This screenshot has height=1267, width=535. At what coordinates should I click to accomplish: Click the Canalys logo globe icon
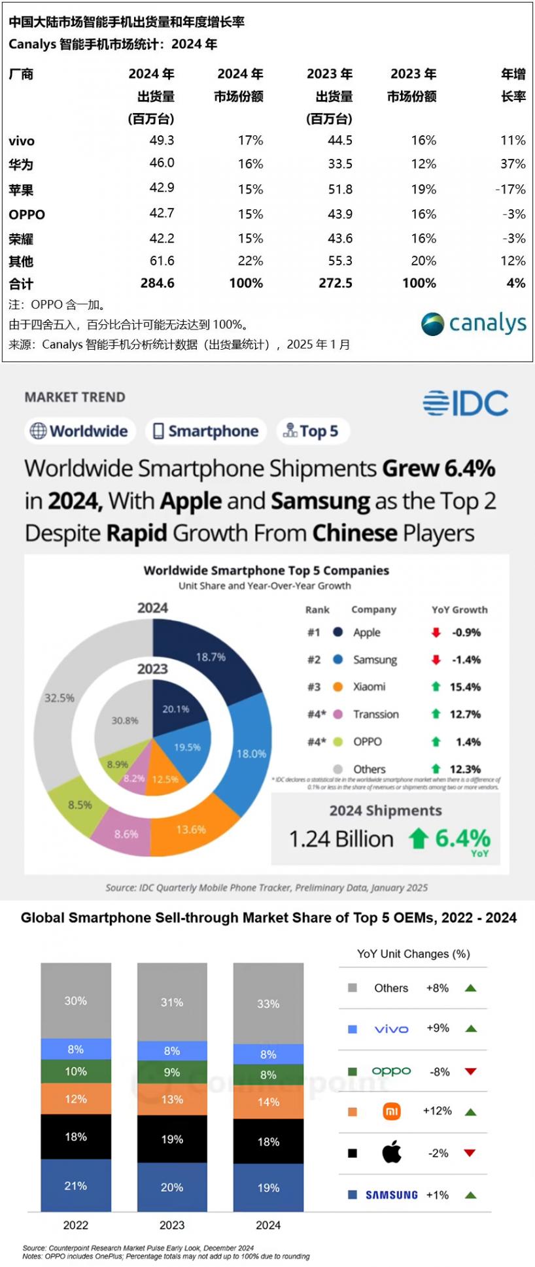click(432, 324)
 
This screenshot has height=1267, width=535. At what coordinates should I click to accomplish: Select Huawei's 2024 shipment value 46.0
click(162, 163)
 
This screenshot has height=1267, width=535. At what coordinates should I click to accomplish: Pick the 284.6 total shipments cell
click(157, 283)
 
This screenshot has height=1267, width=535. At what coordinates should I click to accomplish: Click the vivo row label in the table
click(22, 141)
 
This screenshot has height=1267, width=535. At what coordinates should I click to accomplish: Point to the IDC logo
click(465, 403)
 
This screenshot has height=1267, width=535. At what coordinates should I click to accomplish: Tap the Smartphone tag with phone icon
click(206, 431)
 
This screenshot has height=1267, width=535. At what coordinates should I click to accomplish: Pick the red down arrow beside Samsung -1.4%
click(436, 660)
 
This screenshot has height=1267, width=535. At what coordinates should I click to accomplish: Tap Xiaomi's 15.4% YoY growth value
click(465, 686)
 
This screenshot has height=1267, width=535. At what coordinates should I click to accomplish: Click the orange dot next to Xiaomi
click(337, 686)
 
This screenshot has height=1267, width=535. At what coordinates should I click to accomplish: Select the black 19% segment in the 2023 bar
click(172, 1139)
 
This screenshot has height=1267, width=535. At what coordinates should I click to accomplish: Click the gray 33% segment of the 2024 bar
click(268, 1004)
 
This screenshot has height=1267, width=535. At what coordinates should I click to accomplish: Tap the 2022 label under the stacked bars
click(76, 1225)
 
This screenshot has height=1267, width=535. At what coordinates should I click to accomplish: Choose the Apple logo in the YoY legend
click(392, 1153)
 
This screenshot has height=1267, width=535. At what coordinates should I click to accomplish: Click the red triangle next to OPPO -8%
click(470, 1072)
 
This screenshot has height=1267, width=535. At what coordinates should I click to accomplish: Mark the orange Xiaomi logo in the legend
click(392, 1111)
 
